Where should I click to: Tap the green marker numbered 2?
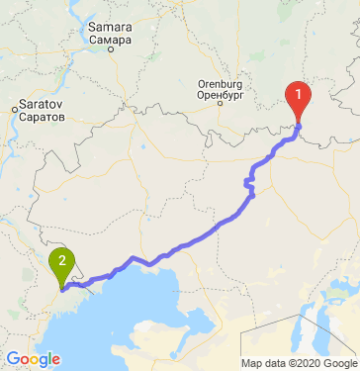click(x=62, y=262)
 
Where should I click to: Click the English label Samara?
click(x=108, y=28)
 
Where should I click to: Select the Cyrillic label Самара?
click(x=109, y=42)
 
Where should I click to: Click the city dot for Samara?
click(x=110, y=51)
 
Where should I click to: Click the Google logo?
click(x=33, y=359)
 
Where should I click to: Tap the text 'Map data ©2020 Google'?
click(x=299, y=363)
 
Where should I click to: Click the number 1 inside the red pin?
click(x=298, y=96)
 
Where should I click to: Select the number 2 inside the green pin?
click(x=62, y=261)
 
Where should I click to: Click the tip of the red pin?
click(x=298, y=124)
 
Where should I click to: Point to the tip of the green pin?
click(x=62, y=289)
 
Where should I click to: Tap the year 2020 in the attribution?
click(x=305, y=363)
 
